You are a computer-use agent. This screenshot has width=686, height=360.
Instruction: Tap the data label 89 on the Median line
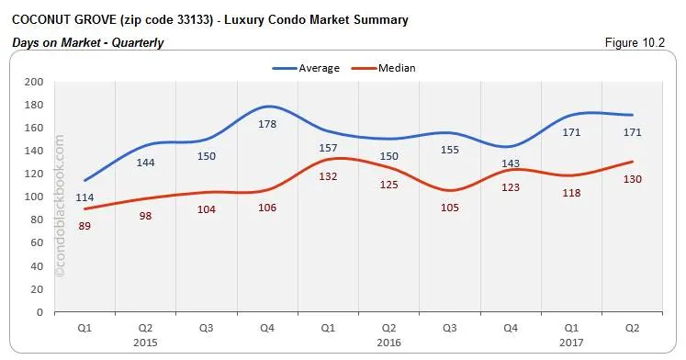coord(84,225)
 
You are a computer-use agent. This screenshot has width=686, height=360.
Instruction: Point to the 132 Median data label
coord(329,176)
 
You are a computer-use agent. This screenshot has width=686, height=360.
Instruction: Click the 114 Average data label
coord(84,197)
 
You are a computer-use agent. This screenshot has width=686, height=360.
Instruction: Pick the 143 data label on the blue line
coord(511,163)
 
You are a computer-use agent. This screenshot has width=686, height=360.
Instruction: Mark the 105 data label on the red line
coord(450,207)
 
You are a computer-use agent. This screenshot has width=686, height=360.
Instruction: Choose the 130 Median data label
coord(632,178)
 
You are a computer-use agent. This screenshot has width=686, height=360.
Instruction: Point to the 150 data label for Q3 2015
coord(208,156)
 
